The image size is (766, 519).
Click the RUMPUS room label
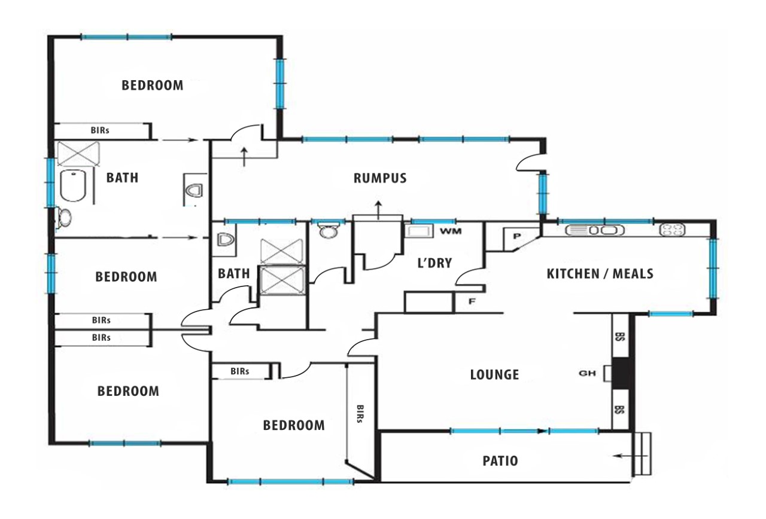(x=380, y=178)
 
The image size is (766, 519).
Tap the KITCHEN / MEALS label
(x=600, y=274)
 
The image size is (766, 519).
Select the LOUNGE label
(x=494, y=374)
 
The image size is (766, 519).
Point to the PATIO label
(x=500, y=461)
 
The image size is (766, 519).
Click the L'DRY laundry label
(x=434, y=262)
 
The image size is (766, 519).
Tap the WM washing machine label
(x=451, y=231)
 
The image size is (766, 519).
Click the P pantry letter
(x=517, y=236)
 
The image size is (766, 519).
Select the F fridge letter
(x=472, y=301)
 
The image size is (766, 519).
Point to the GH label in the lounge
(x=587, y=374)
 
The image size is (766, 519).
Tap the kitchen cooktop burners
(x=672, y=230)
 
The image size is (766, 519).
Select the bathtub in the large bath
(x=73, y=185)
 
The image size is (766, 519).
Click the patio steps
(x=643, y=454)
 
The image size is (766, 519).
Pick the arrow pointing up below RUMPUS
(x=378, y=210)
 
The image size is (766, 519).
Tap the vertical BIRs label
(x=360, y=414)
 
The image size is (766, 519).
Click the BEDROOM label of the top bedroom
(x=153, y=86)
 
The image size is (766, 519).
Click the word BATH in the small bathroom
(x=234, y=274)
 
